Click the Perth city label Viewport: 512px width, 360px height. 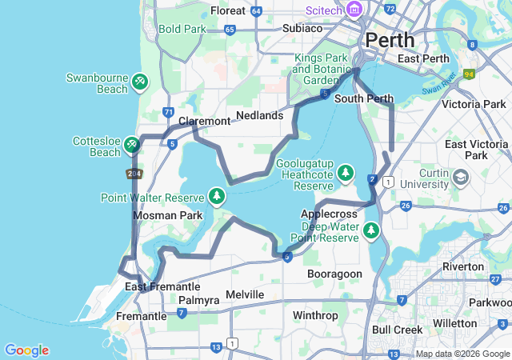pyautogui.click(x=390, y=39)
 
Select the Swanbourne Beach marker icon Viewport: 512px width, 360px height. pyautogui.click(x=139, y=81)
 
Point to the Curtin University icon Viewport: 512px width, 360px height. pyautogui.click(x=461, y=176)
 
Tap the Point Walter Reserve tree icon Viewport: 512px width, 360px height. pyautogui.click(x=216, y=195)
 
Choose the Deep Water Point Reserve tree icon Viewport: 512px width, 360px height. pyautogui.click(x=370, y=230)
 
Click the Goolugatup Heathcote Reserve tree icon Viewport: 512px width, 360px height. pyautogui.click(x=346, y=172)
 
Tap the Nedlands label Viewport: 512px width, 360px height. pyautogui.click(x=259, y=115)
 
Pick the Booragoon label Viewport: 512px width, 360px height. pyautogui.click(x=334, y=274)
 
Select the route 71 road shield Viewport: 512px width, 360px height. pyautogui.click(x=167, y=112)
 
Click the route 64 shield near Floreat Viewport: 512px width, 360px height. pyautogui.click(x=256, y=11)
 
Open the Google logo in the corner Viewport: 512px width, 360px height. pyautogui.click(x=26, y=350)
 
